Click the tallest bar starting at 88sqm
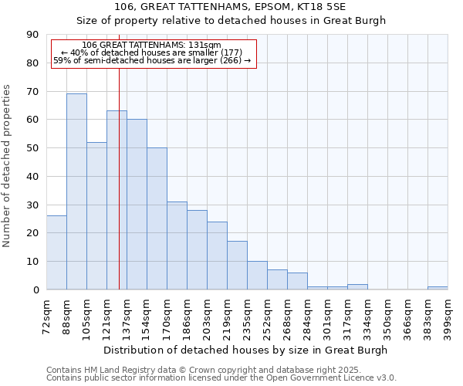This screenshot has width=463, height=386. pyautogui.click(x=76, y=191)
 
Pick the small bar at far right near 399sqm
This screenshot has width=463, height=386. pyautogui.click(x=438, y=288)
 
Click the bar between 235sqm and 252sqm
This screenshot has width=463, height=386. pyautogui.click(x=257, y=276)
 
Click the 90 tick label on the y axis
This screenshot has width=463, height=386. pyautogui.click(x=32, y=35)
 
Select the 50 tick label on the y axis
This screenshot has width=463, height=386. pyautogui.click(x=32, y=148)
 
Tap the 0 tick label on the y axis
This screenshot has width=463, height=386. pyautogui.click(x=35, y=290)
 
